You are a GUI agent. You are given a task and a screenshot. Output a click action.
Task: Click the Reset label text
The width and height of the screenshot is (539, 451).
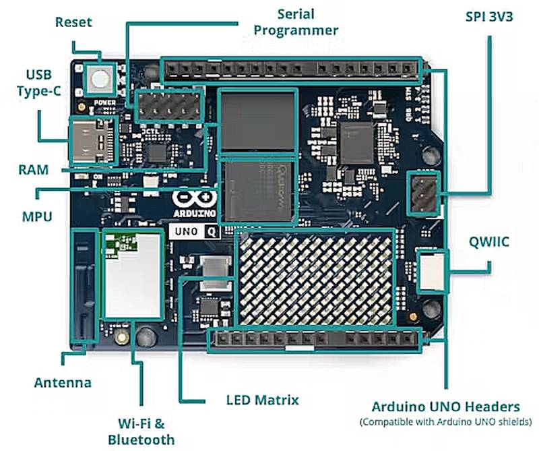click(73, 22)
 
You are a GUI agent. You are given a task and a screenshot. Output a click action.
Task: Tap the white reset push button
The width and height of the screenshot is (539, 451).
click(100, 79)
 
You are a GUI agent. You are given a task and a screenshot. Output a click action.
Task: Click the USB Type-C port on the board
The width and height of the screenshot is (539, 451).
click(90, 140)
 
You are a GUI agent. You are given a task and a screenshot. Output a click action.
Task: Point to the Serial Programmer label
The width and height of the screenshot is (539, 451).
click(307, 22)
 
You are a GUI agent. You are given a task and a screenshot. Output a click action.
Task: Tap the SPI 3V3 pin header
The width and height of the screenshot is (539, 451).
click(424, 192)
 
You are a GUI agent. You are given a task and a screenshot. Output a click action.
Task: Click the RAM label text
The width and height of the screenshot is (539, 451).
click(34, 170)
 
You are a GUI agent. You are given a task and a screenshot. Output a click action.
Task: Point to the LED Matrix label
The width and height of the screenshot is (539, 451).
click(262, 400)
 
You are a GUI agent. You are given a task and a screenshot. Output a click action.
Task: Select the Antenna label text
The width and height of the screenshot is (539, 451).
click(63, 383)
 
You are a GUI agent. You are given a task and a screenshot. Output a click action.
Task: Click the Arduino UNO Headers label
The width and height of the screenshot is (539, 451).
click(445, 407)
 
